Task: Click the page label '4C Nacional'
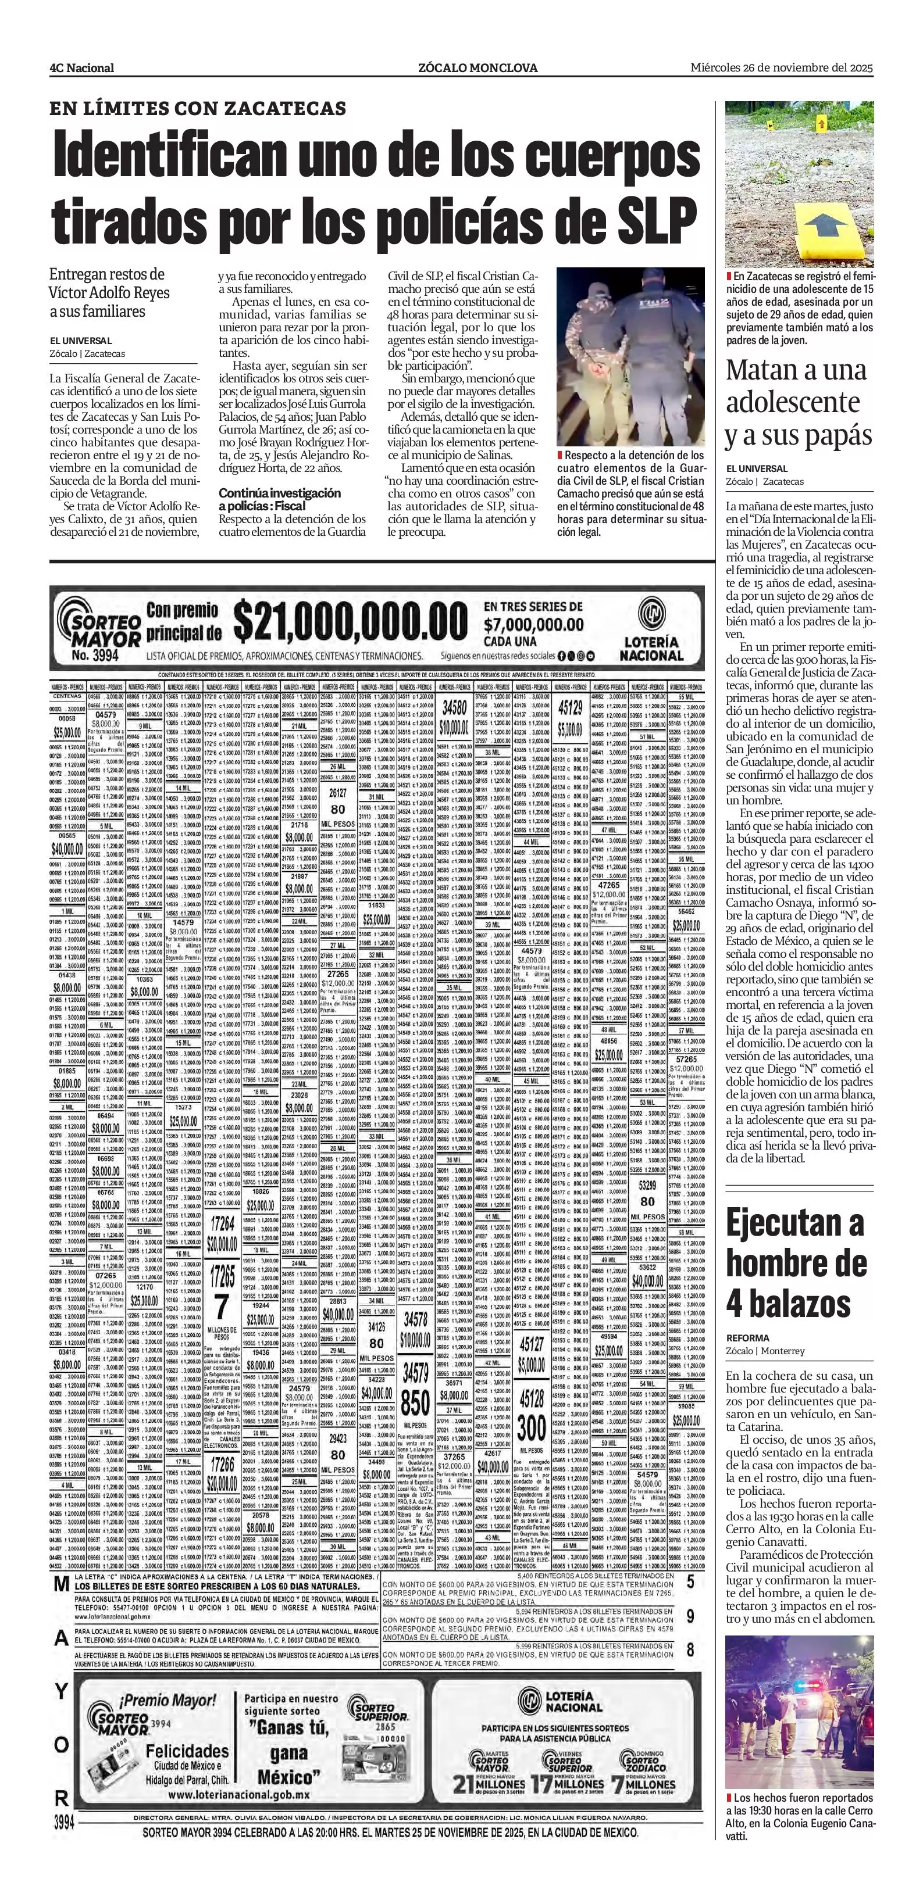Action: (81, 68)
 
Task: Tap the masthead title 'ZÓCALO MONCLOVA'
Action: (477, 68)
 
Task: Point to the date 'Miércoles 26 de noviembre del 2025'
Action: (782, 67)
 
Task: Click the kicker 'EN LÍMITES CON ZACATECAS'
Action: (198, 109)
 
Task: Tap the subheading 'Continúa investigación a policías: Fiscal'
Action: (280, 499)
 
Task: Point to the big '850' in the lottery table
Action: (415, 1403)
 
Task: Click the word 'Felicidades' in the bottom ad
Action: (187, 1751)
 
